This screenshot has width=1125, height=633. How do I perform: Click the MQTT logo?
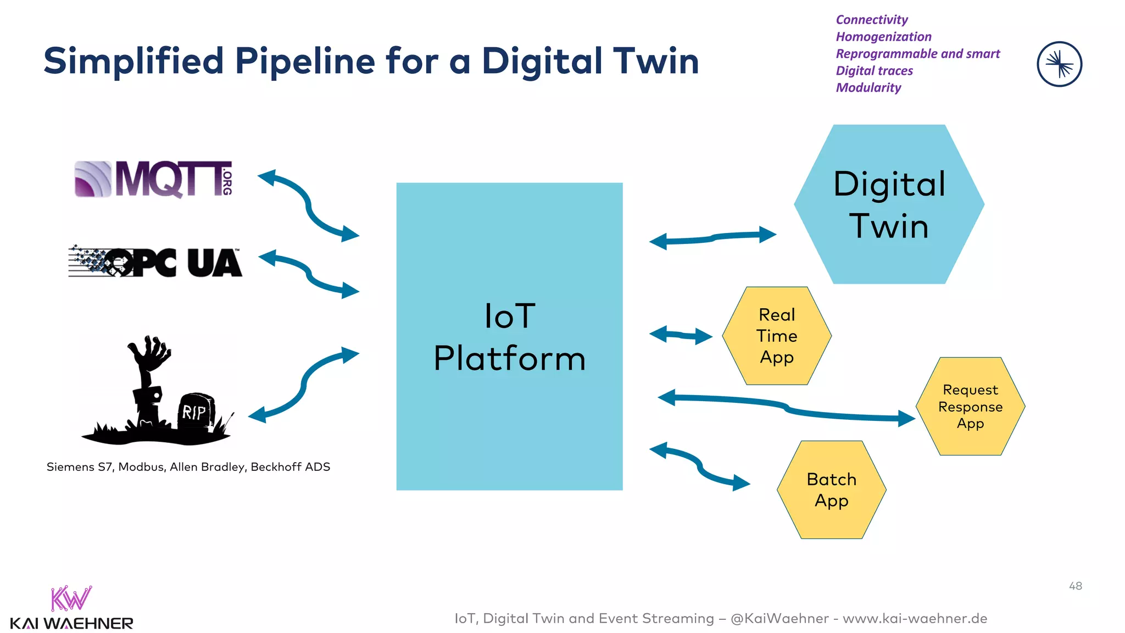point(154,179)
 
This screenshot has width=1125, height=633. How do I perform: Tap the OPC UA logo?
point(155,263)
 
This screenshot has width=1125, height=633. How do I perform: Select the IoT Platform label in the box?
point(509,337)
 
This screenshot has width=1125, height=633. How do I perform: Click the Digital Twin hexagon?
point(889,204)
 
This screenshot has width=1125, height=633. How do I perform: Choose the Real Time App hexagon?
point(776,336)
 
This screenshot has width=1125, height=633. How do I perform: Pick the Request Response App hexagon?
point(970,407)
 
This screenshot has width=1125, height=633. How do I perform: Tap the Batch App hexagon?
point(831,490)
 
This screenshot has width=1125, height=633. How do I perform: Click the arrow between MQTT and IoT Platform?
point(309,205)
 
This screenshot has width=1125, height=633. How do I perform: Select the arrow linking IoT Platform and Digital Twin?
point(712,237)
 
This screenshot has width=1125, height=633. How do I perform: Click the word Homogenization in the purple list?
point(883,37)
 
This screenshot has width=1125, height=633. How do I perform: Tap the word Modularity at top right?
point(868,88)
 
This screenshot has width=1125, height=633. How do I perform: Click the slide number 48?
point(1075,586)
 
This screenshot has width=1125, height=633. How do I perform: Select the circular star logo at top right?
point(1059,64)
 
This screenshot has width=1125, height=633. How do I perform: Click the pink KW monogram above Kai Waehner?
point(71,599)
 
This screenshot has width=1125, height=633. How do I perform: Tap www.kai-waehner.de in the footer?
point(915,619)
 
